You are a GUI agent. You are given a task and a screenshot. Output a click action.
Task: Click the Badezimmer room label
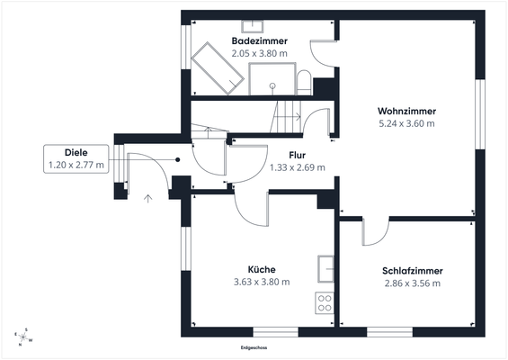[x=260, y=41]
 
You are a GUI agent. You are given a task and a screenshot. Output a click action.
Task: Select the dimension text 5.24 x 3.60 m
[x=406, y=123]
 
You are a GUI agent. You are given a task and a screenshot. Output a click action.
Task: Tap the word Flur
[x=298, y=155]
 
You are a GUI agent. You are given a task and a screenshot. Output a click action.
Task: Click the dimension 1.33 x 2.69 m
[x=298, y=167]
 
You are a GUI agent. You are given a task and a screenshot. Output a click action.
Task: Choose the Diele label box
[x=76, y=158]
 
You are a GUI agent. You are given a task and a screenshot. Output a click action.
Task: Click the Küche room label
[x=261, y=269]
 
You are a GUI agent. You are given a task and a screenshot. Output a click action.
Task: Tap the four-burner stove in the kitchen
[x=325, y=302]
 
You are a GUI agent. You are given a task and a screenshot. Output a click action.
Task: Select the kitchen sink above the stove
[x=325, y=268]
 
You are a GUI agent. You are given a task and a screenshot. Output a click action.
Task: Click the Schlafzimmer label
[x=412, y=270]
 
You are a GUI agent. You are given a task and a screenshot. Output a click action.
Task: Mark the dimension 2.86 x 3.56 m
[x=412, y=283]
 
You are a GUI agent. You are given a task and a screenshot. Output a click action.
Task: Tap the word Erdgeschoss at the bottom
[x=255, y=347]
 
